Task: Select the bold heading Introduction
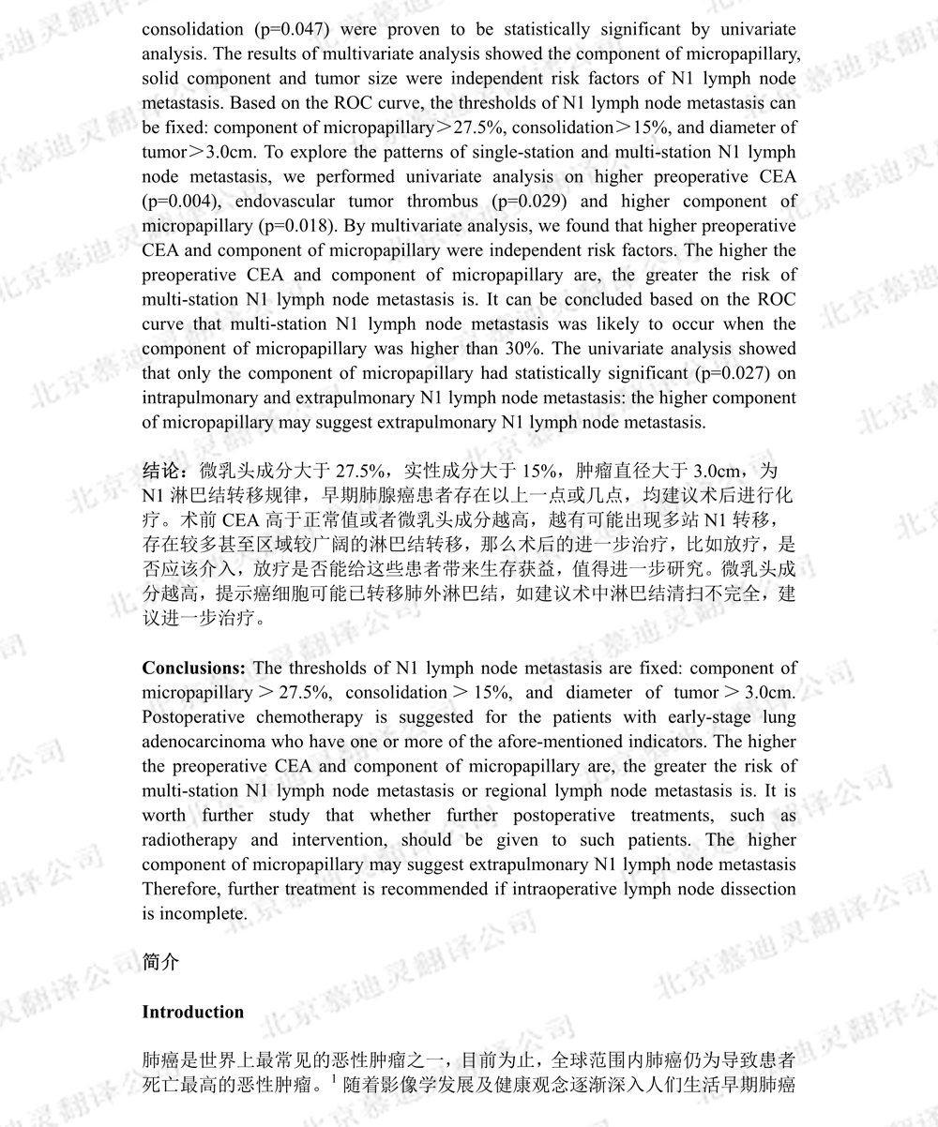click(193, 1013)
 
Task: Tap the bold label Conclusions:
click(194, 669)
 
